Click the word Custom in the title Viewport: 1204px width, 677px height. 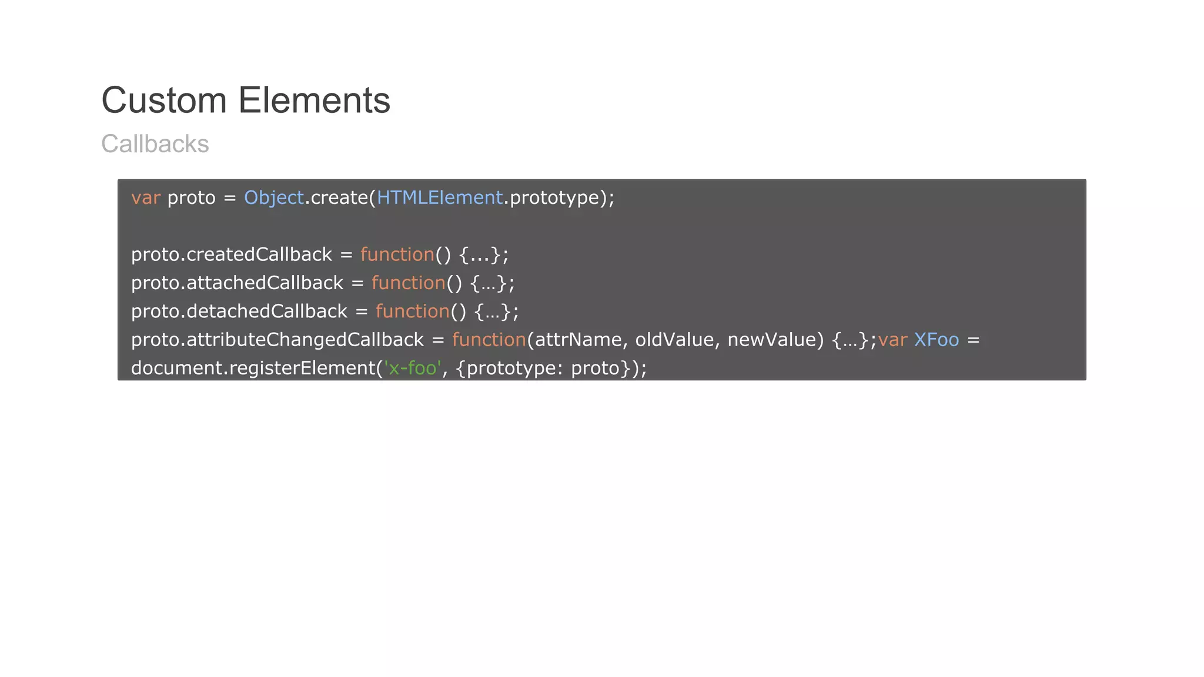point(164,100)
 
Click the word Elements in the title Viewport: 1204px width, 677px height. point(314,100)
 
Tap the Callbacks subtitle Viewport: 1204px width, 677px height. point(155,144)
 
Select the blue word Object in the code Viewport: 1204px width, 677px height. point(273,198)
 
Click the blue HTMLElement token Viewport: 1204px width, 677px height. point(440,198)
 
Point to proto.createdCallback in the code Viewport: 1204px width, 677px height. point(231,254)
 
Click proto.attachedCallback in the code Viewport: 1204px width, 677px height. point(236,283)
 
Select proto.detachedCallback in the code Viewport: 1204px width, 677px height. point(239,311)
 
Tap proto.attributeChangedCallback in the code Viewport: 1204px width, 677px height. point(277,340)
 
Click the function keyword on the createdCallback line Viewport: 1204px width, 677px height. point(397,254)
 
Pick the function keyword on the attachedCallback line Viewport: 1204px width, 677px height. point(408,283)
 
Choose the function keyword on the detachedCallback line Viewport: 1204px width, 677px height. point(412,311)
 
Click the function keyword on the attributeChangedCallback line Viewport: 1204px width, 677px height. point(489,340)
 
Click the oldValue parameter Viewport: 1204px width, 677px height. point(674,340)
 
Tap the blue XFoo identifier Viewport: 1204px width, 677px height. point(936,340)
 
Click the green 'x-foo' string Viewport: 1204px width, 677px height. point(412,368)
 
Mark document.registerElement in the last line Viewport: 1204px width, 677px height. point(253,368)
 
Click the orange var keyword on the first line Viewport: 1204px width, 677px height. point(145,198)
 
